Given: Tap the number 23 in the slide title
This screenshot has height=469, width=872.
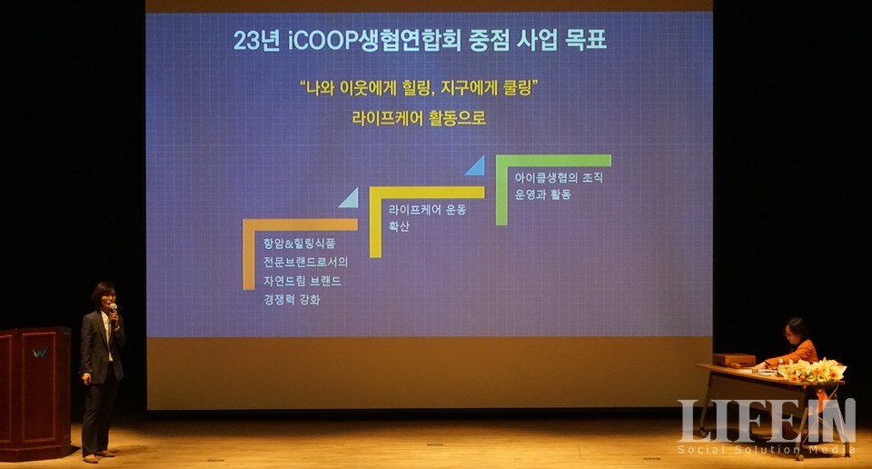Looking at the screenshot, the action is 246,41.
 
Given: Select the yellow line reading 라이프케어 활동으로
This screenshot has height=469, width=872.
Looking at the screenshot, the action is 419,118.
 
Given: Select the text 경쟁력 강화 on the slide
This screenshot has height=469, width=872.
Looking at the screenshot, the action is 292,300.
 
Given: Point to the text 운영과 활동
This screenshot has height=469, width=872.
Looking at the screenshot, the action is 543,195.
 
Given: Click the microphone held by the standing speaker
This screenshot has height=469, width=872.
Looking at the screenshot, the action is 114,311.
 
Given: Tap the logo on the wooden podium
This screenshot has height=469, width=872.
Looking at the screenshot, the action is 39,353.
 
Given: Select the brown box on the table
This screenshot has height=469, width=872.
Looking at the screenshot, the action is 734,360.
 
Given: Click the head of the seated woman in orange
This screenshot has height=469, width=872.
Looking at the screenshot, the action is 797,331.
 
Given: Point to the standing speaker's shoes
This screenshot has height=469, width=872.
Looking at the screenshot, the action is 98,457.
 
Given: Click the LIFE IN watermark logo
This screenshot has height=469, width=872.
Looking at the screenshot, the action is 767,421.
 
